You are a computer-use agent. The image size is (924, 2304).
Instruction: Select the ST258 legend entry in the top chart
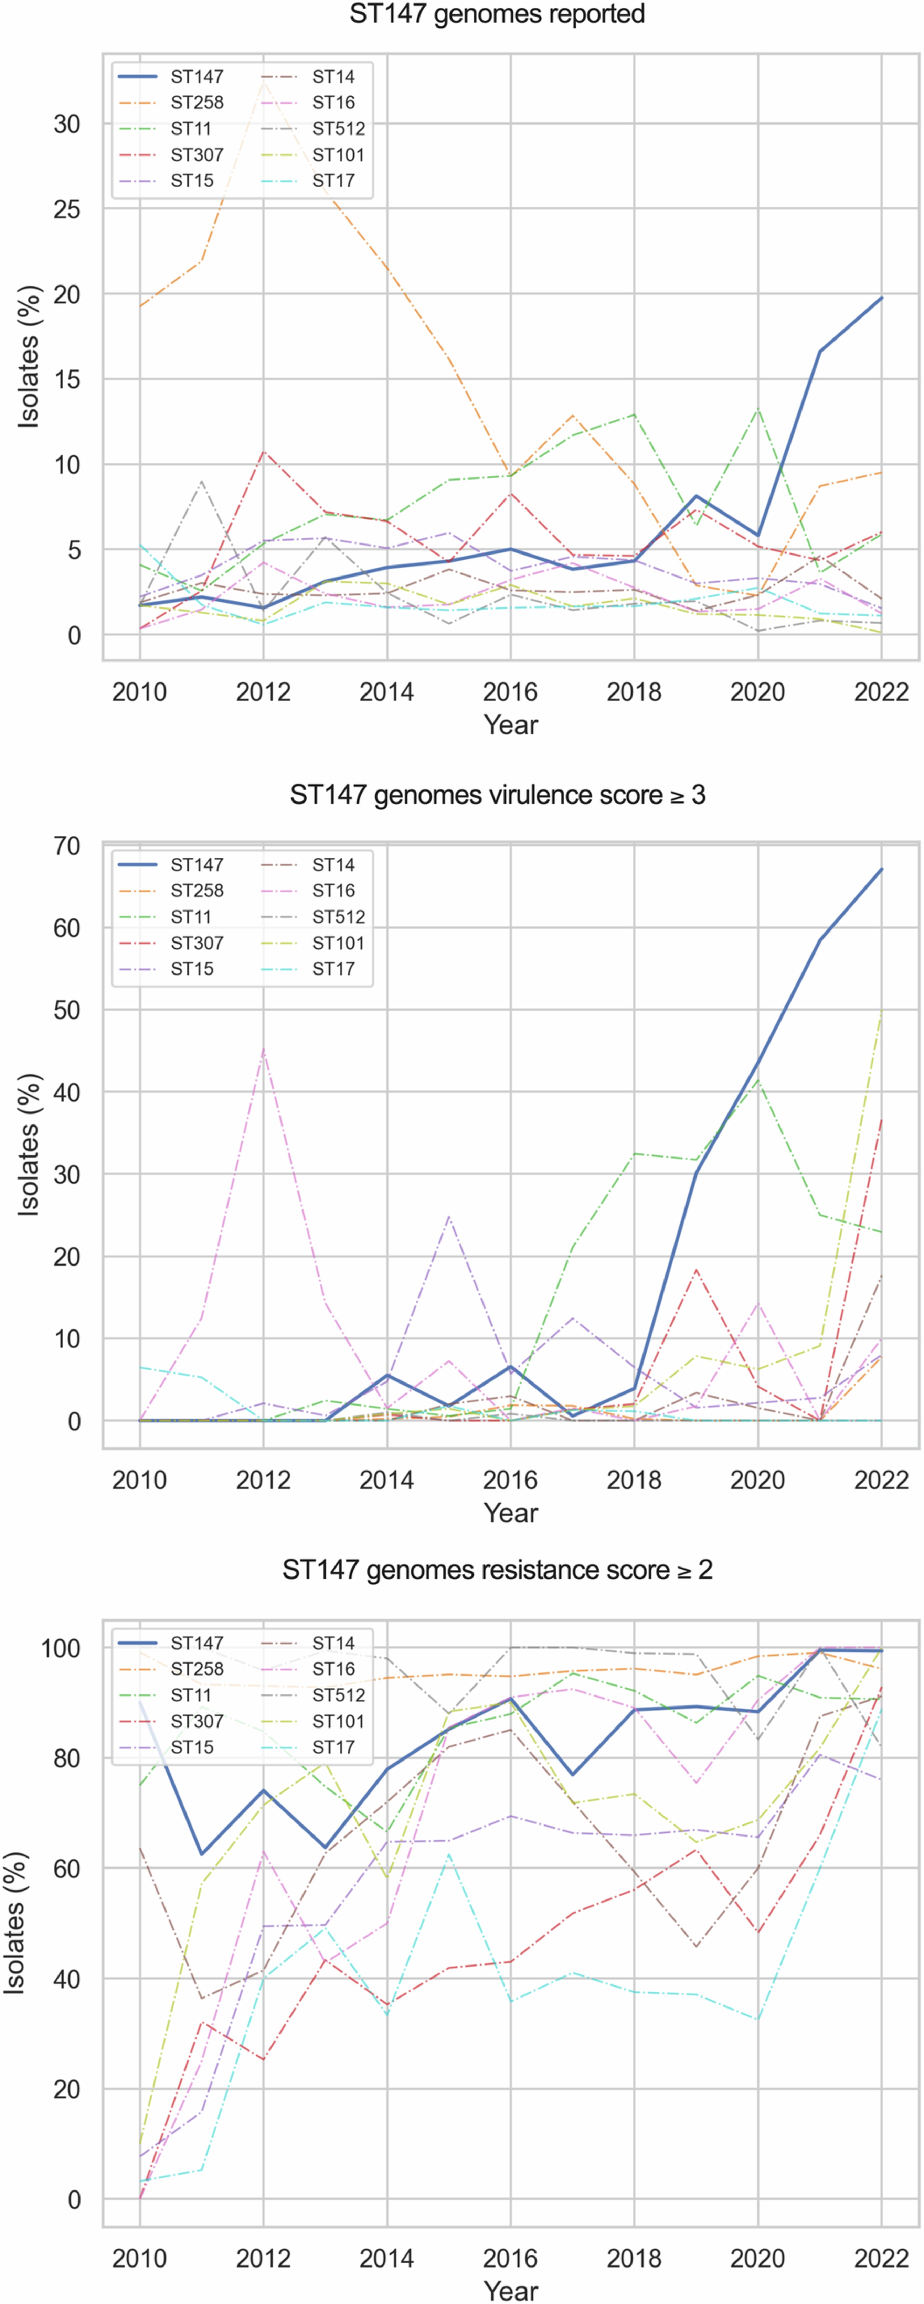[197, 103]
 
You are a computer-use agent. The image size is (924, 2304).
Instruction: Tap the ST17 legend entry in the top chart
[333, 181]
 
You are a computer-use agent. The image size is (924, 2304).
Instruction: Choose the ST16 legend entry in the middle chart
[333, 891]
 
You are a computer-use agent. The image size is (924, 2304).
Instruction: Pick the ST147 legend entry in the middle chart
[197, 865]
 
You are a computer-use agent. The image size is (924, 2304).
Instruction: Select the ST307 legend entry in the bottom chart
[197, 1722]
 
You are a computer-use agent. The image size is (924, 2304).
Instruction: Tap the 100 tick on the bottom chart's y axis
[61, 1647]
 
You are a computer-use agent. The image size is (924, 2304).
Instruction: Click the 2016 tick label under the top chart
[510, 692]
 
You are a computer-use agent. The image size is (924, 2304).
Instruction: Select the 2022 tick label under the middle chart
[881, 1480]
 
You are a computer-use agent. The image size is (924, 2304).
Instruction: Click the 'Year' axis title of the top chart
[510, 725]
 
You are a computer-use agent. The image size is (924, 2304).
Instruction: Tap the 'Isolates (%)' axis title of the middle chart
[30, 1145]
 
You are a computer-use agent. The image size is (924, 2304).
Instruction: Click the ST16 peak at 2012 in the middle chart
[263, 1048]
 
